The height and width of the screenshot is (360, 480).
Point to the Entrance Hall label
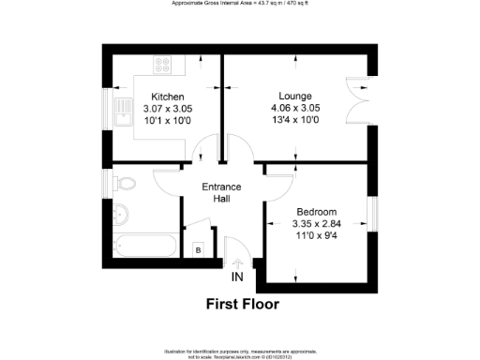pyautogui.click(x=222, y=192)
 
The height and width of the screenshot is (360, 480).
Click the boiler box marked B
pyautogui.click(x=199, y=249)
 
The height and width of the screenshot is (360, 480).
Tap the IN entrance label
pyautogui.click(x=236, y=277)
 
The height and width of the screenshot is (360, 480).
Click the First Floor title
pyautogui.click(x=243, y=304)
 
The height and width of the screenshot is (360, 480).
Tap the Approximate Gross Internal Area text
pyautogui.click(x=240, y=4)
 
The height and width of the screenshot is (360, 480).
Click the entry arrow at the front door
pyautogui.click(x=236, y=263)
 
